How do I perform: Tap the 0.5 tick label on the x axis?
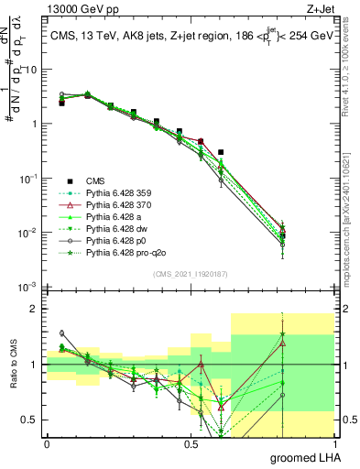(x=191, y=443)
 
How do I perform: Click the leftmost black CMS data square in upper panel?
(x=61, y=104)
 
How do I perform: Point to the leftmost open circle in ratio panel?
(x=61, y=333)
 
